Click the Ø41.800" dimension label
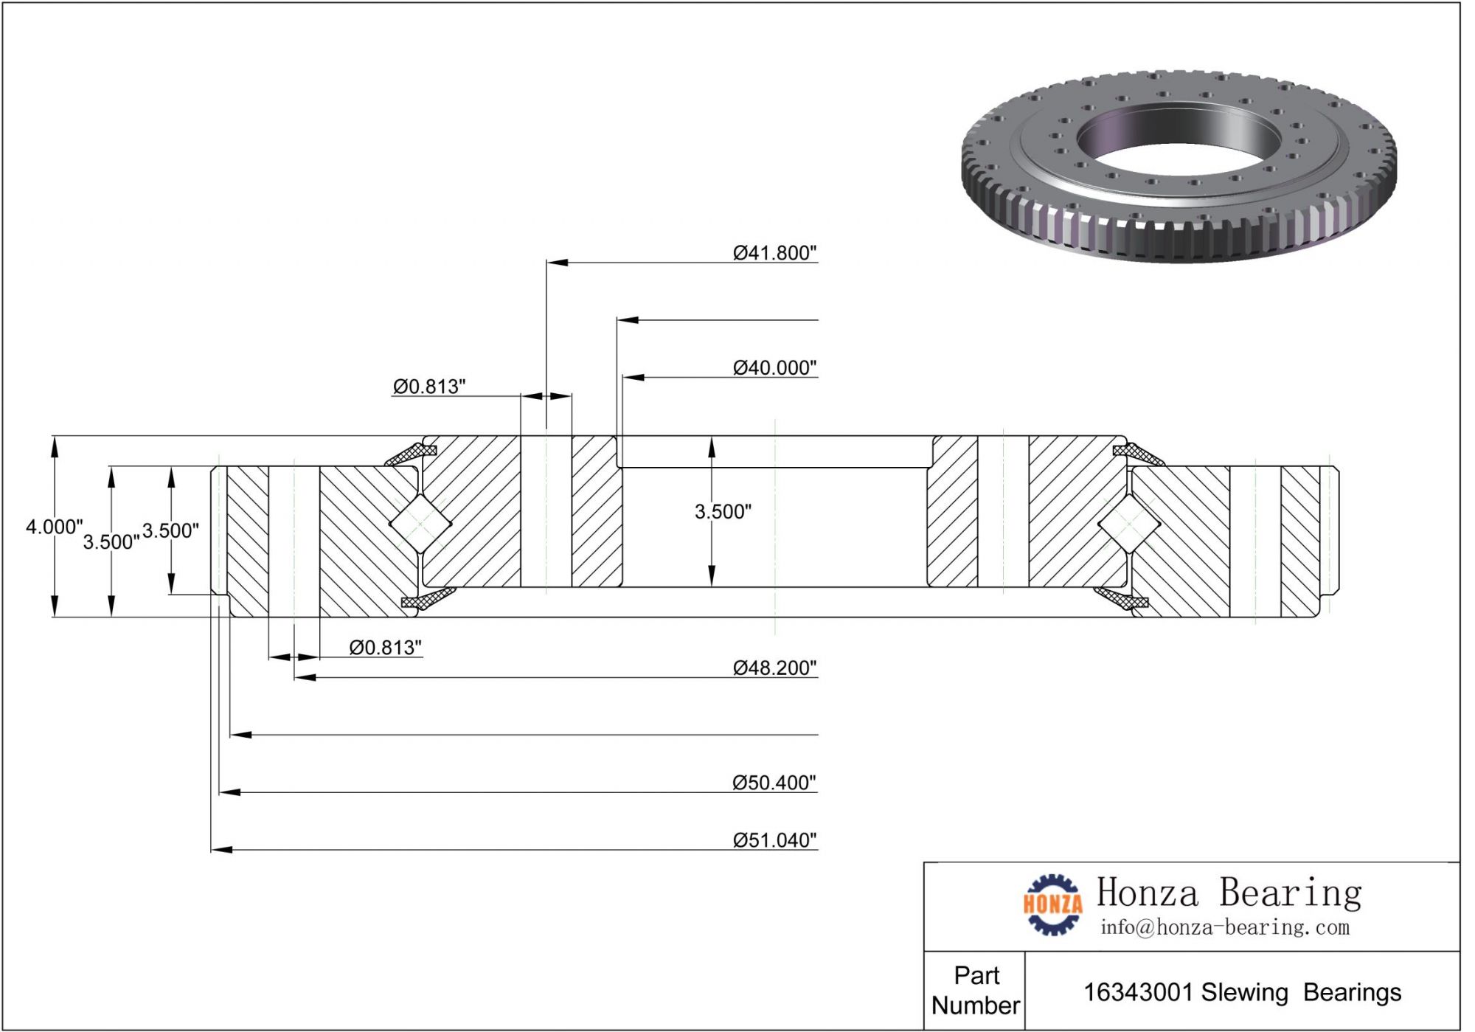[x=774, y=253]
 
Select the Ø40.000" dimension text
[x=774, y=367]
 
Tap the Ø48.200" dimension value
[x=774, y=668]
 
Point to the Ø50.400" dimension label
[x=774, y=782]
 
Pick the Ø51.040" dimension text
[x=774, y=839]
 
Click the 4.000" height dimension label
[x=54, y=527]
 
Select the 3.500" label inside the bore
[x=723, y=511]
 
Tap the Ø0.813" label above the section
[x=429, y=386]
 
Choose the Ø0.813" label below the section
[x=385, y=647]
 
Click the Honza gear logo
[x=1052, y=904]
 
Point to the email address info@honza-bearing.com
[x=1224, y=927]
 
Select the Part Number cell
[x=975, y=990]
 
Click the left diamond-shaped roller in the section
[x=420, y=523]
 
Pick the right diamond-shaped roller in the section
[x=1128, y=524]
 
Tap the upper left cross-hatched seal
[x=412, y=454]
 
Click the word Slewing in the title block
[x=1244, y=992]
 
